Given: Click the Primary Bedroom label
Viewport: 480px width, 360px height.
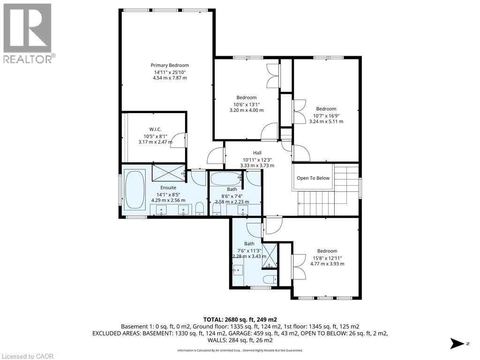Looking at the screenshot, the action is coord(170,65).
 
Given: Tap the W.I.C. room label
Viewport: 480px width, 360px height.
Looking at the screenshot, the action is coord(155,129).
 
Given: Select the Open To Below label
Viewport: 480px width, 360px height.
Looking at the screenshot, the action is coord(313,178).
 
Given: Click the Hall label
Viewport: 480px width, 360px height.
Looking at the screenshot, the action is coord(257,153).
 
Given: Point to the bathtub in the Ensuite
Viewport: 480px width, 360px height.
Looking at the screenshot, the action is coord(135,190).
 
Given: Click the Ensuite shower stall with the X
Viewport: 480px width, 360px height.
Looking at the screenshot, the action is coord(168,173).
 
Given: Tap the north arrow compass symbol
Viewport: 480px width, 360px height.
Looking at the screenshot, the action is coord(459,344).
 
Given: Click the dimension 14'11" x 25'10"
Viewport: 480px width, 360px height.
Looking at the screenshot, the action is coord(170,72).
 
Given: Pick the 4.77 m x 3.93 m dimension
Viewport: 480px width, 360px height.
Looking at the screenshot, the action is coord(327,263).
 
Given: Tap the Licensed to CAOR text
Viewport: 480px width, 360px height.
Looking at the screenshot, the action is coord(27,356).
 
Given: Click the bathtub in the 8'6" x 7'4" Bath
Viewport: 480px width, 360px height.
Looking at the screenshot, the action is coord(225,179).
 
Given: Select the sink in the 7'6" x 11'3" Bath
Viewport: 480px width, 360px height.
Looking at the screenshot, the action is coord(238,270).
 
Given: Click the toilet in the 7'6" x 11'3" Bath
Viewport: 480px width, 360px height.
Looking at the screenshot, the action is coord(270,279).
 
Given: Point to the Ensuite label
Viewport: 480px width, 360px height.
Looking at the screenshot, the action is coord(168,187).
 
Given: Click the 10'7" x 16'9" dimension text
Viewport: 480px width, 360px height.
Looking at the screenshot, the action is coord(326,116).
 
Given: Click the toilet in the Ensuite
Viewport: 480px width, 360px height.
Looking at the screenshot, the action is coord(200,208).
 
